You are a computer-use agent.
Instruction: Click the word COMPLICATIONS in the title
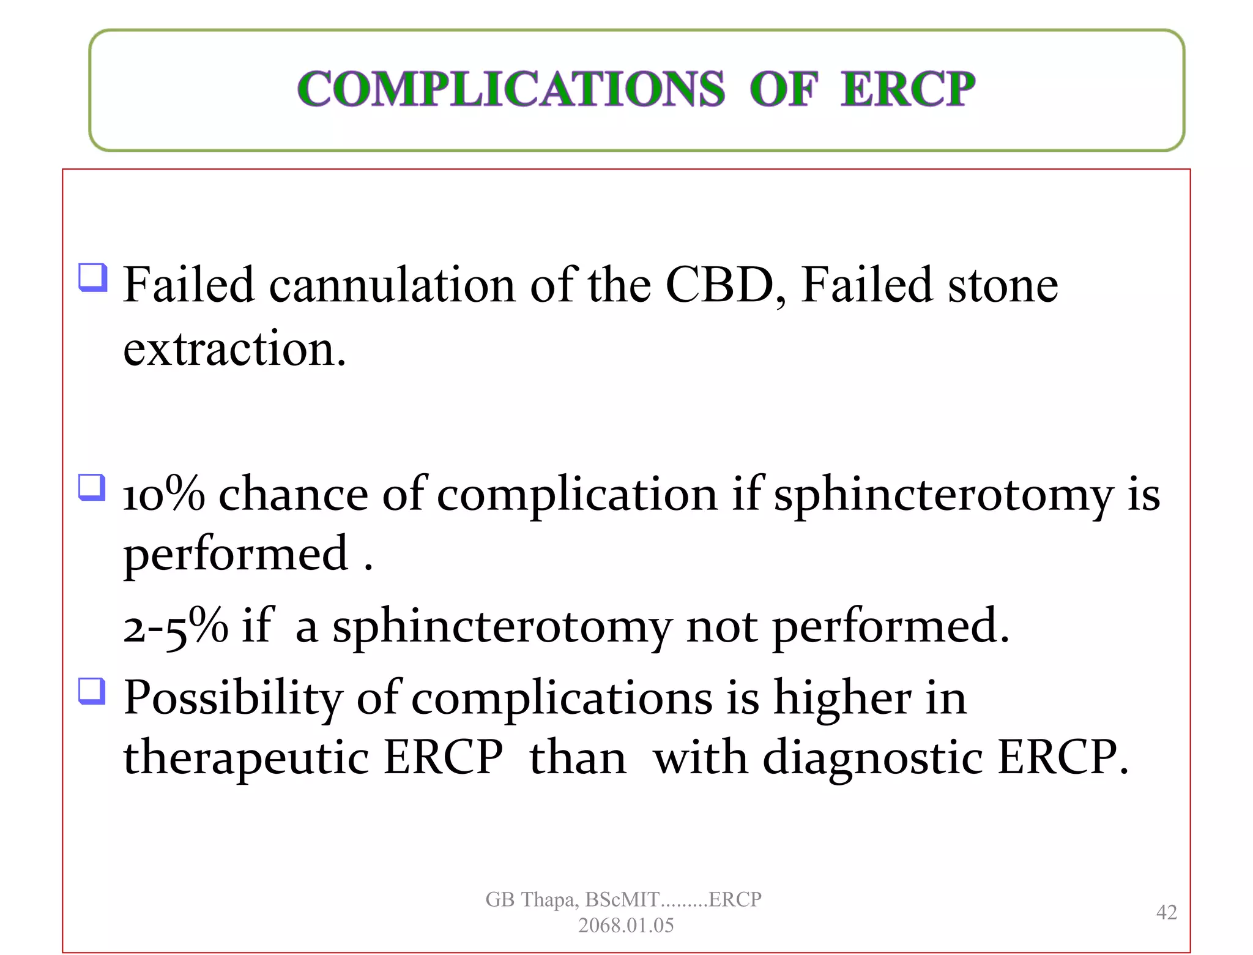(x=511, y=89)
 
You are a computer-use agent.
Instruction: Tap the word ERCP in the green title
(x=907, y=89)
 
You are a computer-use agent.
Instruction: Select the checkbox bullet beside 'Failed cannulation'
(x=93, y=277)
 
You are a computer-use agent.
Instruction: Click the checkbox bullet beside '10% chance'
(x=92, y=487)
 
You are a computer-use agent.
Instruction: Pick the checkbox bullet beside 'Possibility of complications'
(x=92, y=691)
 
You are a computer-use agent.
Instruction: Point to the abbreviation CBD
(x=719, y=285)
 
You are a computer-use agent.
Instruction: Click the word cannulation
(x=392, y=285)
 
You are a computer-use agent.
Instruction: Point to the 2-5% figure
(x=175, y=626)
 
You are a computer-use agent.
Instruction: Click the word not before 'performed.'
(x=722, y=626)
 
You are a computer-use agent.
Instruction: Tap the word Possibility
(x=233, y=698)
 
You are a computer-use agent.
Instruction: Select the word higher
(x=842, y=698)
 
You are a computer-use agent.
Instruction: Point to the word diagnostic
(x=873, y=758)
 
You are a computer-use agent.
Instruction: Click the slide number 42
(x=1166, y=912)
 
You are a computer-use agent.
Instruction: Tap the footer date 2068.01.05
(x=626, y=925)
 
